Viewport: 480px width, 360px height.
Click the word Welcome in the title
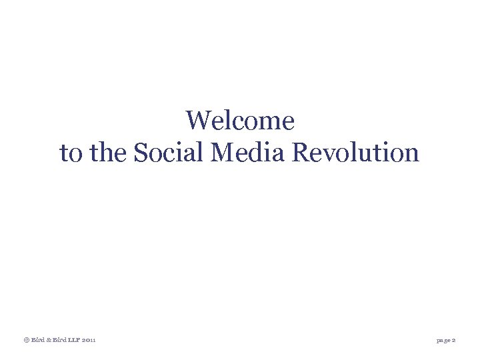coord(240,121)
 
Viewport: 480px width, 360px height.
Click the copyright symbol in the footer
coord(26,340)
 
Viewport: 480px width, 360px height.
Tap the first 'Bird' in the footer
coord(37,340)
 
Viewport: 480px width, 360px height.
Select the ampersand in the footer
coord(48,340)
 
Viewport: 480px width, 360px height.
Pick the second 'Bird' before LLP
coord(59,340)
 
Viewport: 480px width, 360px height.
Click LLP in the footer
coord(74,340)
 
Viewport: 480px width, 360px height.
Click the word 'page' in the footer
coord(443,340)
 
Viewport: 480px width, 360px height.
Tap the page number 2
coord(454,340)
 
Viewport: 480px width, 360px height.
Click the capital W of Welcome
coord(198,121)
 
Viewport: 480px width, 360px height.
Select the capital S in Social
coord(140,153)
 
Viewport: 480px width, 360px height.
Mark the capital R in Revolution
coord(299,153)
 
